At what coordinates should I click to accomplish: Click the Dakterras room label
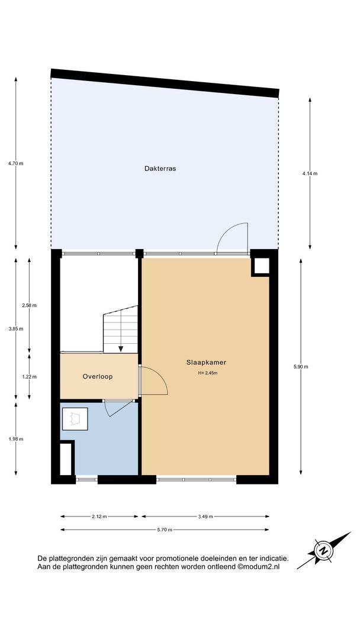click(x=160, y=168)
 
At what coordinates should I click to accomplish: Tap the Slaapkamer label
click(x=206, y=362)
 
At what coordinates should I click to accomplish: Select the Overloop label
click(x=98, y=376)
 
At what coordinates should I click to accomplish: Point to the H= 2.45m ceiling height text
click(x=206, y=373)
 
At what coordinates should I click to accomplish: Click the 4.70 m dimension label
click(x=16, y=163)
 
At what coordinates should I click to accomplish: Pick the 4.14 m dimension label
click(x=310, y=173)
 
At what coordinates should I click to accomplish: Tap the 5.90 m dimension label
click(x=301, y=366)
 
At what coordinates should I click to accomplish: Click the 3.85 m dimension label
click(x=16, y=328)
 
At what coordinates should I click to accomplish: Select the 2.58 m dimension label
click(x=30, y=305)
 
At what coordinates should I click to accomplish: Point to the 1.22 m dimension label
click(x=30, y=376)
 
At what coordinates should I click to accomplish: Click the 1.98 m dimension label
click(x=16, y=439)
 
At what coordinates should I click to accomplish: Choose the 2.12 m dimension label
click(x=99, y=517)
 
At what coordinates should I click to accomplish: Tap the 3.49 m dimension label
click(x=205, y=517)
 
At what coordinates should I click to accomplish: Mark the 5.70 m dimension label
click(x=164, y=530)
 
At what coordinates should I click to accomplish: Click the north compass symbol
click(x=324, y=550)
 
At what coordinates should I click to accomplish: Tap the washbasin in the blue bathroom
click(x=75, y=418)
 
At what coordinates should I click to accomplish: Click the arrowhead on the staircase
click(x=121, y=349)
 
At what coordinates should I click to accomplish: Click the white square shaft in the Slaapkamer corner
click(x=261, y=266)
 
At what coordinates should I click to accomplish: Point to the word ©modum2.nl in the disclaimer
click(x=259, y=566)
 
